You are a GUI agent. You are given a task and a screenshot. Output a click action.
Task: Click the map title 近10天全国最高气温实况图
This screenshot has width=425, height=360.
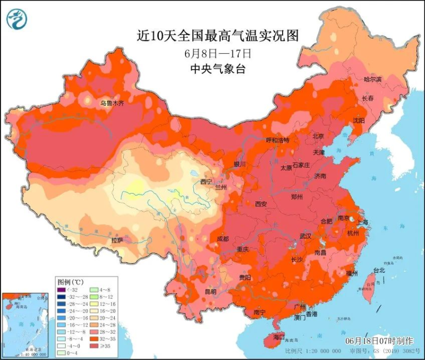[217, 36]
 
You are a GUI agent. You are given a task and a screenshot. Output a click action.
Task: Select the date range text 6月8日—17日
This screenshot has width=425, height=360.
[217, 53]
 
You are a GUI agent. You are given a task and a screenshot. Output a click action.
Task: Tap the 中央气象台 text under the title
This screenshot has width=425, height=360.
[217, 69]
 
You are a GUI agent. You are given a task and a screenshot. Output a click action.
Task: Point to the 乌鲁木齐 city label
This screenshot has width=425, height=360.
[112, 103]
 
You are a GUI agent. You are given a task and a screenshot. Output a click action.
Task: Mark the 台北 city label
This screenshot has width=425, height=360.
[379, 270]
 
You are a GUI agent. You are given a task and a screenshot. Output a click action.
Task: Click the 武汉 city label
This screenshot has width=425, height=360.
[305, 236]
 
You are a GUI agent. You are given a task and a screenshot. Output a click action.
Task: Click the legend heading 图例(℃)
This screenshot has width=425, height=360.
[68, 281]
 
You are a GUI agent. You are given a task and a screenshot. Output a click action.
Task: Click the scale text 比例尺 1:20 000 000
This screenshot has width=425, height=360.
[313, 351]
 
